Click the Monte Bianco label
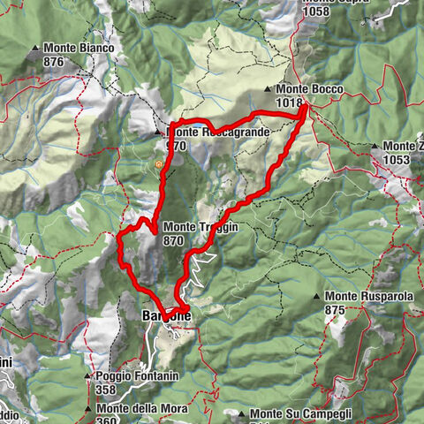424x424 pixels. [x=79, y=48]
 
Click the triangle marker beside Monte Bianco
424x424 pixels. [x=34, y=48]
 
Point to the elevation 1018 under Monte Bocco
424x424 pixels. [x=289, y=102]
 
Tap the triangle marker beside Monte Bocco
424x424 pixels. [x=268, y=89]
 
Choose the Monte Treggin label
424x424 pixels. [x=201, y=227]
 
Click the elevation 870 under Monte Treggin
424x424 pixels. [x=173, y=239]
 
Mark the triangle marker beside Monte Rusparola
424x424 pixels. [x=315, y=296]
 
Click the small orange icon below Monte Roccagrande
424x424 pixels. [x=159, y=163]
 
